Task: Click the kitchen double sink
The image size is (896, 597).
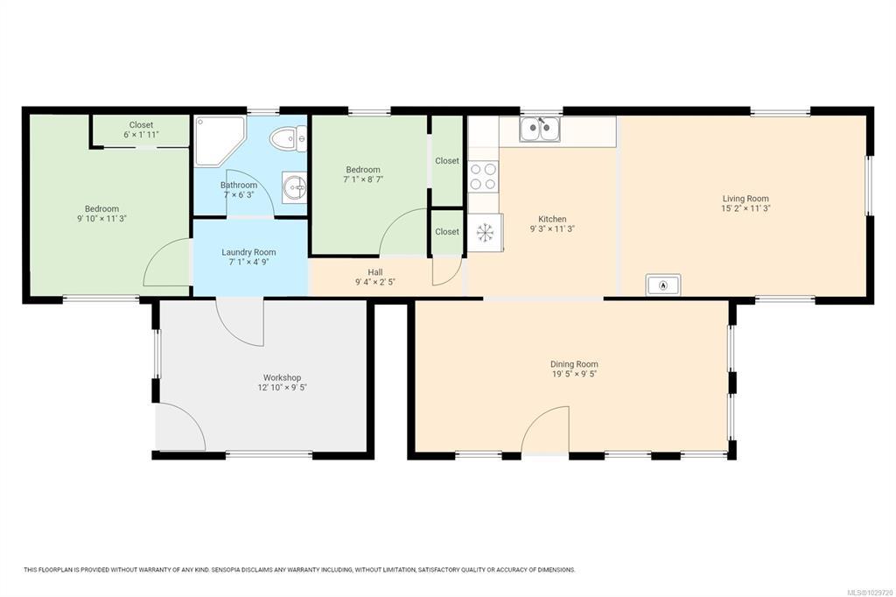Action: [x=540, y=129]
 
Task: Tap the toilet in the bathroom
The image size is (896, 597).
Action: [x=288, y=139]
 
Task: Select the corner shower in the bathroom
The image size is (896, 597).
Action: [x=220, y=141]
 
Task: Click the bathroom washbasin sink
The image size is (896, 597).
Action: [x=294, y=187]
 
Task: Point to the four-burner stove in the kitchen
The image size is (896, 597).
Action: [x=483, y=177]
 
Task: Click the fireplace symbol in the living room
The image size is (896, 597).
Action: [x=663, y=284]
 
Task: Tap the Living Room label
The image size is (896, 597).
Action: [x=745, y=199]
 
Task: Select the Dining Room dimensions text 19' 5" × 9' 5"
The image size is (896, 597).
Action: [x=574, y=374]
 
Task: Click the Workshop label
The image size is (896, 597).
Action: [x=283, y=377]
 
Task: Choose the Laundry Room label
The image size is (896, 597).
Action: [x=248, y=252]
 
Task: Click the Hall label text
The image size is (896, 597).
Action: [x=375, y=272]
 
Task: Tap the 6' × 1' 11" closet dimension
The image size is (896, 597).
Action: [x=141, y=135]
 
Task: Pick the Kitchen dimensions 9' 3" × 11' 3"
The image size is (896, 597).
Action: [x=553, y=228]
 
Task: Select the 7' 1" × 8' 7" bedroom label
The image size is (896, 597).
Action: [x=363, y=179]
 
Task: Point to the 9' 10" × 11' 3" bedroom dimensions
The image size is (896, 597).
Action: [x=102, y=219]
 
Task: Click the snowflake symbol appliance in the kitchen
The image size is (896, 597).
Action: [x=485, y=232]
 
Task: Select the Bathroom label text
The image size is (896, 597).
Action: [x=239, y=186]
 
